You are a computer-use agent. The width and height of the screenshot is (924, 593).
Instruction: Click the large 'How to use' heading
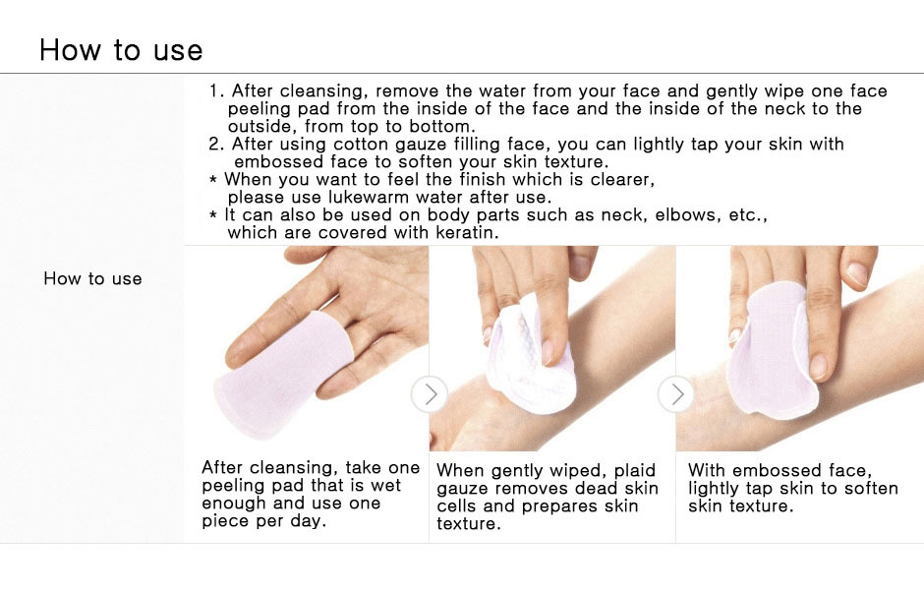coord(121,50)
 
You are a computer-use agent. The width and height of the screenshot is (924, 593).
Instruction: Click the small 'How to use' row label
coord(92,279)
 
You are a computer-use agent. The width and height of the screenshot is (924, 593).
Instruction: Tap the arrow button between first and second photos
coord(430,393)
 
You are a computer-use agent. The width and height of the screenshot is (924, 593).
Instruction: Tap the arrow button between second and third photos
coord(676,393)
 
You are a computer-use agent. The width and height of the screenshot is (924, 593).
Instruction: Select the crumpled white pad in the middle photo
coord(529,360)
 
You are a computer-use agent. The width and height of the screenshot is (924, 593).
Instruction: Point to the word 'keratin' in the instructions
coord(467,232)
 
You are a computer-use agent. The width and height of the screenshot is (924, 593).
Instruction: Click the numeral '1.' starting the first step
coord(217,90)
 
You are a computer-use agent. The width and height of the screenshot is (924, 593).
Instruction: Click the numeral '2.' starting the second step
coord(217,144)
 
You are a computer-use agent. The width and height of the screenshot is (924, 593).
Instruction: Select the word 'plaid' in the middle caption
coord(635,471)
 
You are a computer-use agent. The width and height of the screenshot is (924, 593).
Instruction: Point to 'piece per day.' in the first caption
coord(264,521)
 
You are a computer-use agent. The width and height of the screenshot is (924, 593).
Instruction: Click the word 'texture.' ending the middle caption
coord(469,524)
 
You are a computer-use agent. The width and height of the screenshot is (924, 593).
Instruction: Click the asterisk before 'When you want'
coord(213,179)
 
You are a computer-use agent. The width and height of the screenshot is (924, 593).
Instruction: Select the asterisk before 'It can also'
coord(213,215)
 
